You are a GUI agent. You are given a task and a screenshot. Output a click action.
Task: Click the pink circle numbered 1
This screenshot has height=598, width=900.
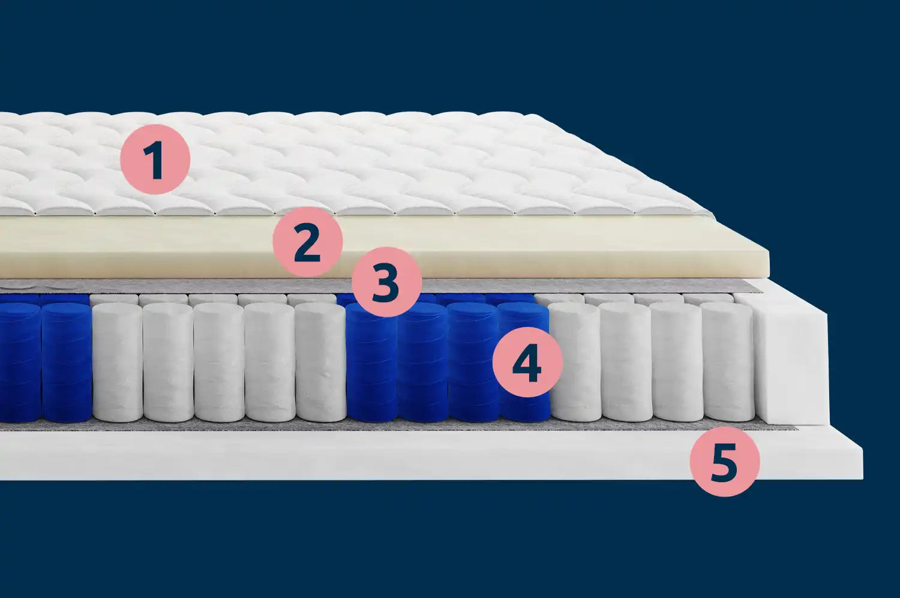tap(155, 160)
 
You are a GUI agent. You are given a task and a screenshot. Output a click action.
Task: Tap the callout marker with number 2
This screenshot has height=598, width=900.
tap(307, 242)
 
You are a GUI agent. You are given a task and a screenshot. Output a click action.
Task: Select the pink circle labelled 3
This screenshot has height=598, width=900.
tap(386, 282)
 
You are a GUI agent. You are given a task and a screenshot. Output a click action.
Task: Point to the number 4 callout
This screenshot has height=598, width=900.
tap(527, 362)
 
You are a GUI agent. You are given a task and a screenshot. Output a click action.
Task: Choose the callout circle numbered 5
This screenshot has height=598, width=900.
tap(725, 461)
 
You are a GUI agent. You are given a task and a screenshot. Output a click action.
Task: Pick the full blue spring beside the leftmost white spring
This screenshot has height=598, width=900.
tap(66, 363)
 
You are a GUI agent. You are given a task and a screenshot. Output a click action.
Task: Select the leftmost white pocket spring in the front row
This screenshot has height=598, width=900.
tap(118, 363)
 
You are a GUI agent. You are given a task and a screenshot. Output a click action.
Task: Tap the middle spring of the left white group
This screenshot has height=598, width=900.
tap(219, 363)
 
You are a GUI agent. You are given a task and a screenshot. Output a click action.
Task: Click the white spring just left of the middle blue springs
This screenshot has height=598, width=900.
tap(320, 363)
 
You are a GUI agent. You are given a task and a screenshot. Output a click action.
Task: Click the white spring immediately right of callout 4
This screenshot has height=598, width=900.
tap(575, 363)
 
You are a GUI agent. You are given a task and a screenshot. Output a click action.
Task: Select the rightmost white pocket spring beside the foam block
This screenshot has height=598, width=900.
tap(728, 363)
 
